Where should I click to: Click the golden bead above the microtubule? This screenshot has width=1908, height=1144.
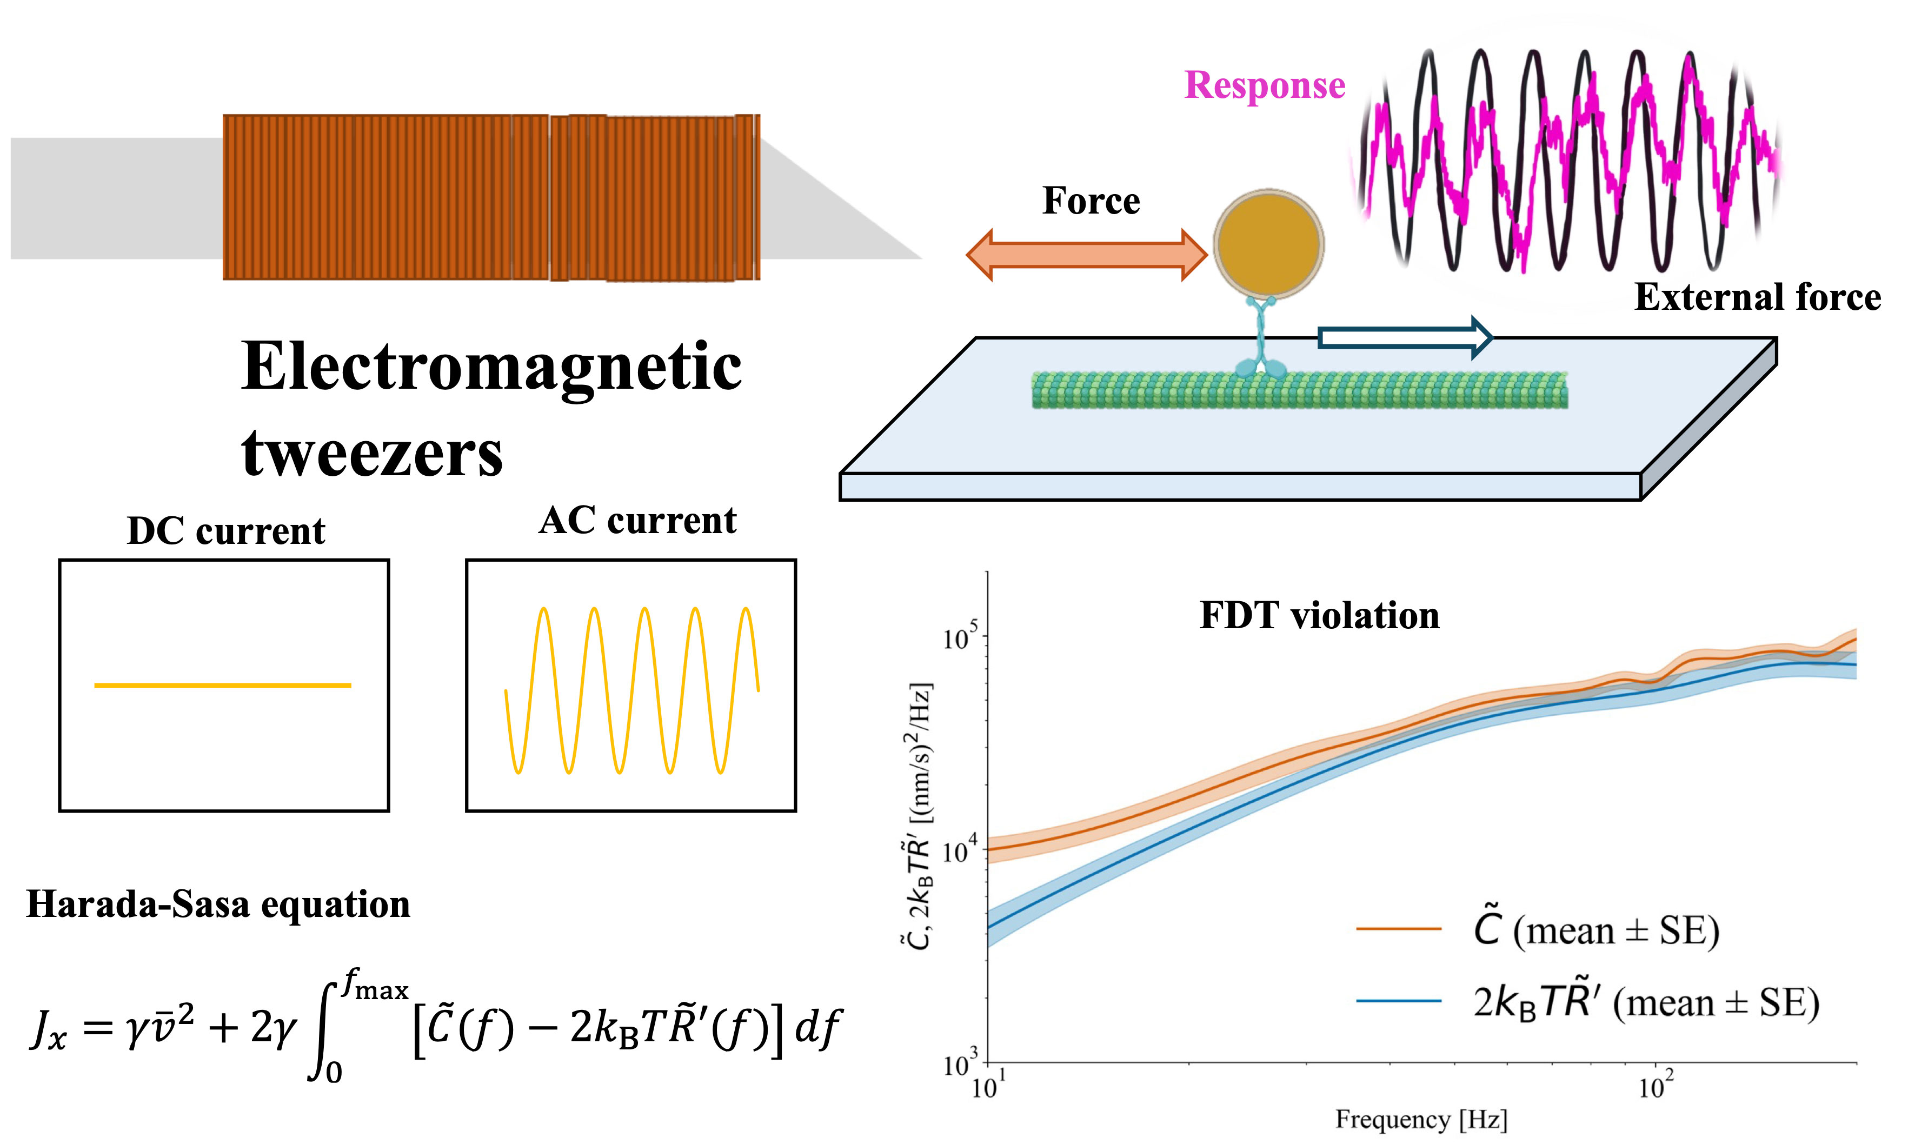click(x=1268, y=244)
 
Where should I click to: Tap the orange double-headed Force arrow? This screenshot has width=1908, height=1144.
click(x=1086, y=255)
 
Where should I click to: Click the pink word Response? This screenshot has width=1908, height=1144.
click(x=1264, y=85)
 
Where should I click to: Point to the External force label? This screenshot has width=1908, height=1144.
click(x=1757, y=297)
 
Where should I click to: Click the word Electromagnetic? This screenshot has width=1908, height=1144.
click(x=491, y=368)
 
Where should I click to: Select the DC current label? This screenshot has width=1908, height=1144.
click(x=226, y=531)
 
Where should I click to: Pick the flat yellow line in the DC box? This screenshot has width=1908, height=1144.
click(x=223, y=684)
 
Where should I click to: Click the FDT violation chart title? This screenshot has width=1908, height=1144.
click(x=1319, y=616)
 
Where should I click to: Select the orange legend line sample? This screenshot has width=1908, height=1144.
click(x=1399, y=929)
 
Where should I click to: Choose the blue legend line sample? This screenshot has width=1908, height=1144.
click(x=1399, y=1001)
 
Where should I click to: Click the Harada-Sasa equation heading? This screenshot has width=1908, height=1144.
click(x=218, y=904)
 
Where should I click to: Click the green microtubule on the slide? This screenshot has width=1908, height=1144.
click(x=1299, y=390)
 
